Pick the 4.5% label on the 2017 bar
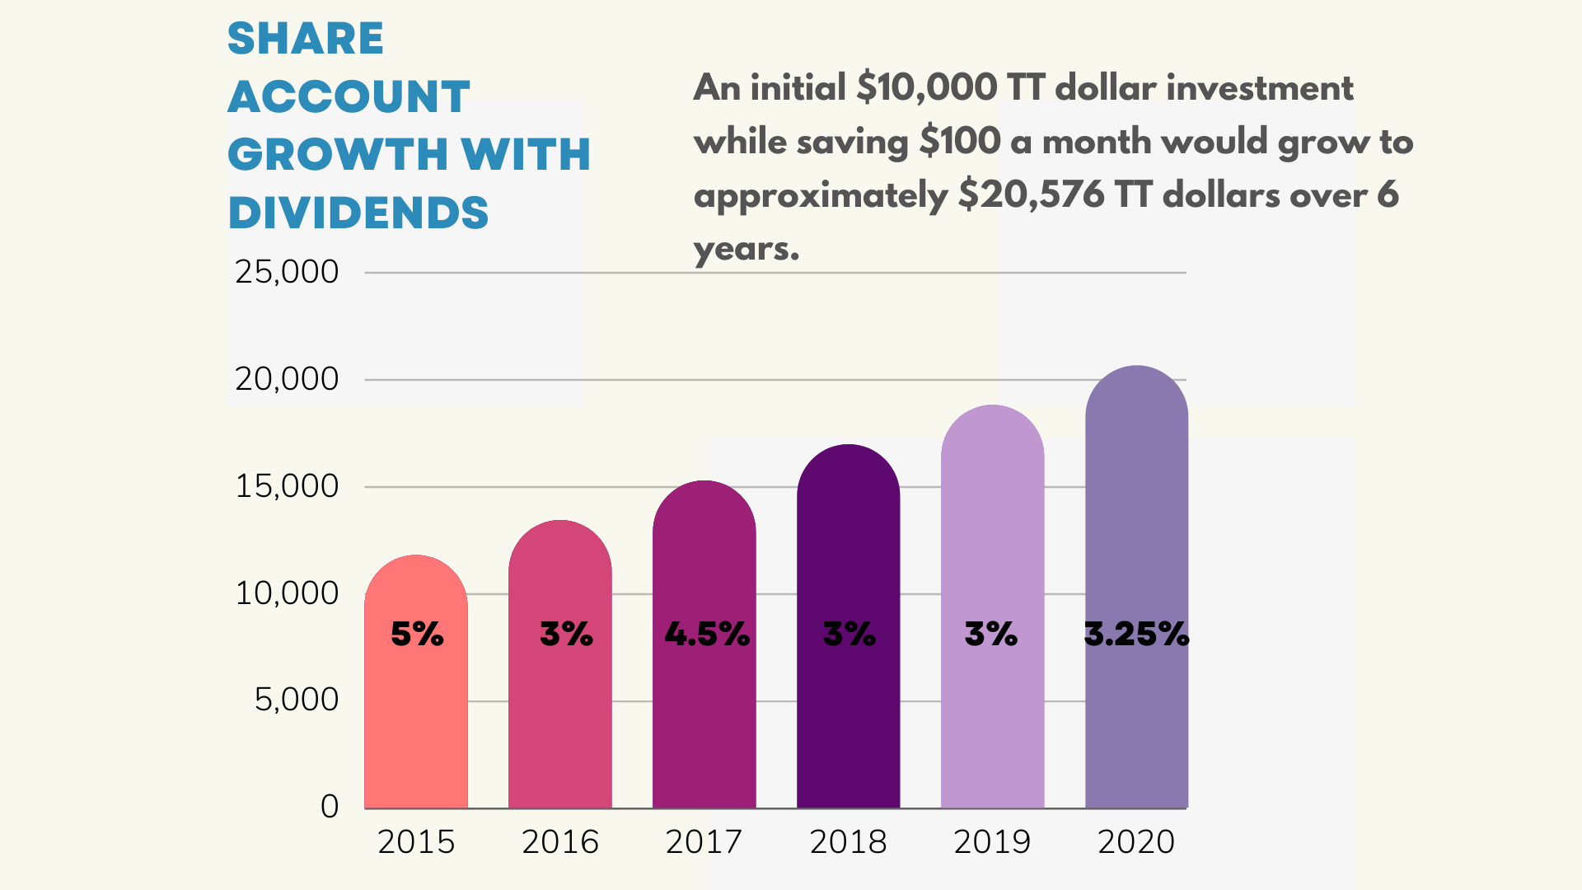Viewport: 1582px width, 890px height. (x=707, y=634)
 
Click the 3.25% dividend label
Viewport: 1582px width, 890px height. (x=1136, y=634)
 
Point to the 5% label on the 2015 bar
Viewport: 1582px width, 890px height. (x=417, y=634)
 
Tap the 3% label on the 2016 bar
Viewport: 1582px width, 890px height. (x=566, y=634)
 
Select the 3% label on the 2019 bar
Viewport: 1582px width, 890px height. (x=991, y=634)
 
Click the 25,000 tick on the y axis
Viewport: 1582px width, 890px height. (x=287, y=272)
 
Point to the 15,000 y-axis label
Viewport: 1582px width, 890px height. (x=287, y=486)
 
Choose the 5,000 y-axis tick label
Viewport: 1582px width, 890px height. (x=297, y=700)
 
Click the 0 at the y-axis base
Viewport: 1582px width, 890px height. (x=330, y=806)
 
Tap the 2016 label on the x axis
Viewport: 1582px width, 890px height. (x=560, y=841)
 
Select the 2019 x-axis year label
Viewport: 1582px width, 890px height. (x=992, y=841)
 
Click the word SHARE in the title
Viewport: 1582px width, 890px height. (x=306, y=39)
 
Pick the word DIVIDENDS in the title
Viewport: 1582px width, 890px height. (x=358, y=213)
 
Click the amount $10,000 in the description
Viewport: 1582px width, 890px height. (x=927, y=87)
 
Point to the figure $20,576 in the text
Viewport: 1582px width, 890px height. (x=1031, y=195)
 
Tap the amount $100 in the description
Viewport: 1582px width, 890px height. (x=960, y=141)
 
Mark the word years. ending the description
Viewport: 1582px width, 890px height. (x=747, y=249)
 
